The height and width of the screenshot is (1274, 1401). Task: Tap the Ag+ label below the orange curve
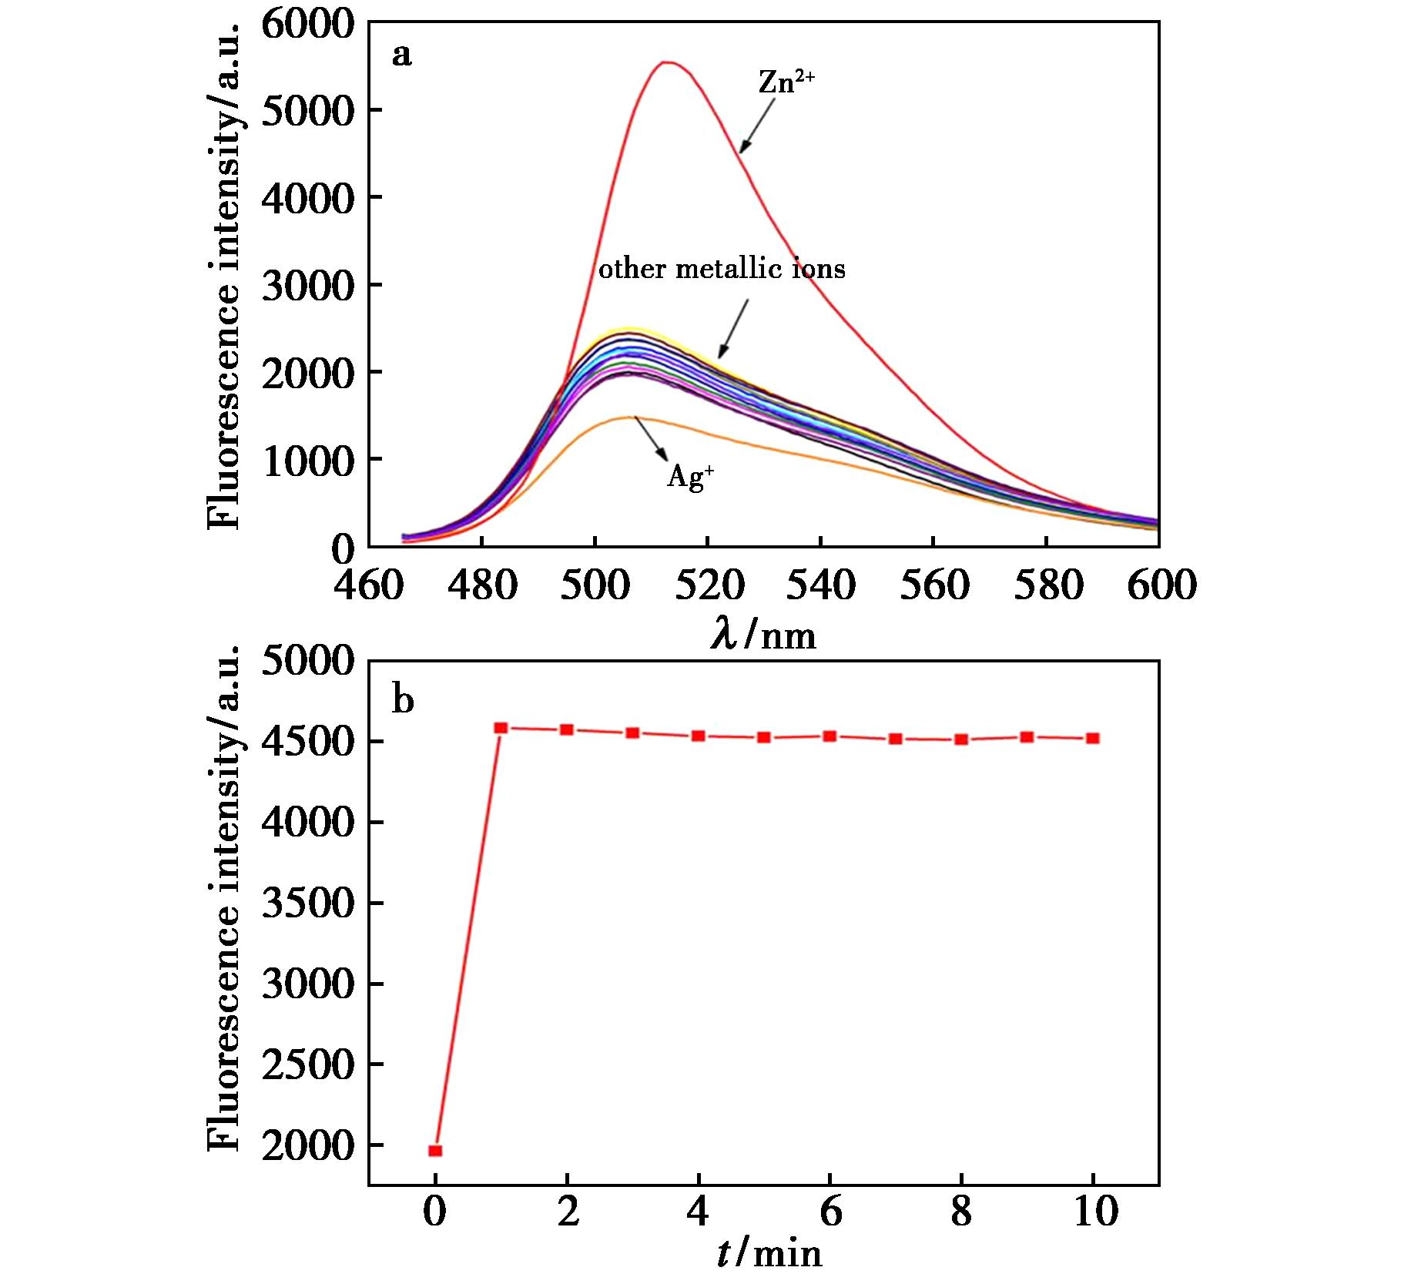(x=689, y=478)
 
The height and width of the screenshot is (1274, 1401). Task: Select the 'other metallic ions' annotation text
(x=722, y=269)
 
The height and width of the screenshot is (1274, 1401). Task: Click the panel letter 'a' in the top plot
(x=401, y=55)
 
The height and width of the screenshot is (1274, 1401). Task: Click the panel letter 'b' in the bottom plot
(x=403, y=700)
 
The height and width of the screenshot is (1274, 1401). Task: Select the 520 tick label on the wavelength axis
(x=709, y=585)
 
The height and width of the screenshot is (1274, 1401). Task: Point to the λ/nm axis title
(x=763, y=636)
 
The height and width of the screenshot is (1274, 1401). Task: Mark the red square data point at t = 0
(x=435, y=1151)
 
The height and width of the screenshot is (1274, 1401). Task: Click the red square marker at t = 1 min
(x=501, y=728)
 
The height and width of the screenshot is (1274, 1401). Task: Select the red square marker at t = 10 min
(x=1092, y=739)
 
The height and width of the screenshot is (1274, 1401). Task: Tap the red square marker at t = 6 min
(x=830, y=736)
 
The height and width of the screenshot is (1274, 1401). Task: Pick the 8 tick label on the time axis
(x=960, y=1212)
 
